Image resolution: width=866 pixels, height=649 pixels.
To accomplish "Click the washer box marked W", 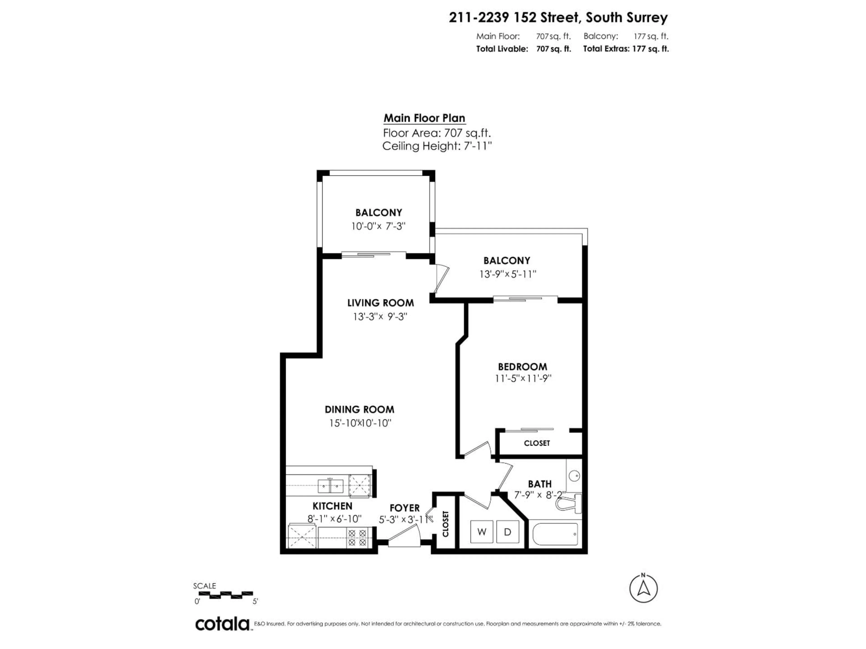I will [x=481, y=532].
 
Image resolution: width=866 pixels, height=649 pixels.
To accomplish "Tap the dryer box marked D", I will [x=507, y=532].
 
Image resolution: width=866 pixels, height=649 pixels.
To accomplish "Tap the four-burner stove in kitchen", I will [x=357, y=537].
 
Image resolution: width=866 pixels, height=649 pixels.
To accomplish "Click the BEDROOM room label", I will [x=522, y=367].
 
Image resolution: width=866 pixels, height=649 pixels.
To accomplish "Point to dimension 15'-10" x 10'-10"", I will [x=360, y=423].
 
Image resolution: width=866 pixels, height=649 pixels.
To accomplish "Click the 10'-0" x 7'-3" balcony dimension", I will [x=378, y=226].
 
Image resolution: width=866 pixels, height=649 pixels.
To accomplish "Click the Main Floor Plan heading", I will [x=424, y=118].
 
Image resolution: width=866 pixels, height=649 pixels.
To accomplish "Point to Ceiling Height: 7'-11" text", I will [x=437, y=146].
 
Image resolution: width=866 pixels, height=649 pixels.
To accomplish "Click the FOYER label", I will [x=404, y=508].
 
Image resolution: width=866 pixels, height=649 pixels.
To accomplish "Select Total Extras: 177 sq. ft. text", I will [x=626, y=49].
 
